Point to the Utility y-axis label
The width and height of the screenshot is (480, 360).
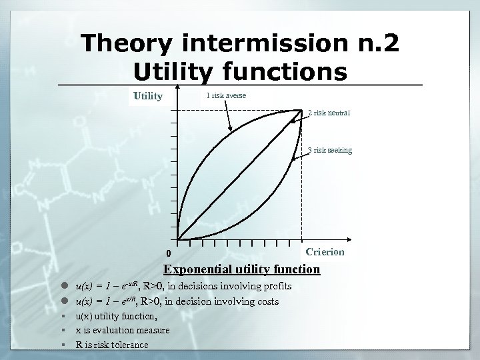tap(148, 96)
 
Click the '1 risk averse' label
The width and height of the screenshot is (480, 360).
tap(226, 96)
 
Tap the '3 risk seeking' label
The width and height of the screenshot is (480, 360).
tap(330, 151)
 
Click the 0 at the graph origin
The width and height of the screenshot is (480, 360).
tap(169, 254)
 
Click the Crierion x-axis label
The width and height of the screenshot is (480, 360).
tap(325, 251)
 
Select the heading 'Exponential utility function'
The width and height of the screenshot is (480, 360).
tap(242, 269)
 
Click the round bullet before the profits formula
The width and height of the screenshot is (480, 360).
tap(67, 287)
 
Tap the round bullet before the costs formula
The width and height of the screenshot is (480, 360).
tap(67, 302)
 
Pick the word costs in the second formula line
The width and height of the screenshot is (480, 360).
tap(265, 302)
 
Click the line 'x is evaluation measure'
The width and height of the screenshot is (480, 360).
tap(123, 330)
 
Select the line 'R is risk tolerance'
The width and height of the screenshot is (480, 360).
tap(113, 345)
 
